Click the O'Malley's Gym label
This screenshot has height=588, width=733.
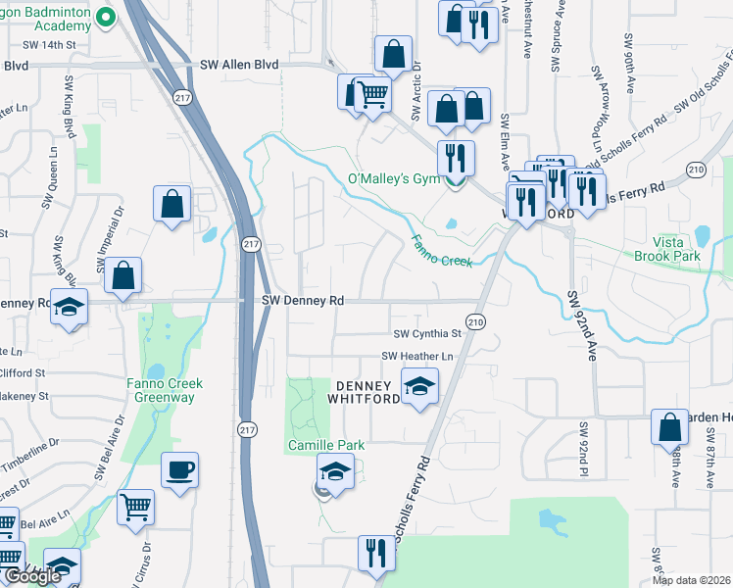(395, 179)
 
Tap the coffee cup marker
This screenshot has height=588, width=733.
(179, 470)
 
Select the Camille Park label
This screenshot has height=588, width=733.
(325, 445)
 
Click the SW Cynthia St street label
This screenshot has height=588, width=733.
(426, 334)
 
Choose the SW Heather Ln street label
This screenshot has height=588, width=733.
(418, 356)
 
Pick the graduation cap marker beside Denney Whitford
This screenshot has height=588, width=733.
(420, 385)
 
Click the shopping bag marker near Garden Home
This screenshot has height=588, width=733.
(670, 427)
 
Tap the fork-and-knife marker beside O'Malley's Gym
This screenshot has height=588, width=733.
(456, 157)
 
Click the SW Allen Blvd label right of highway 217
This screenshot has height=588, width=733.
(239, 64)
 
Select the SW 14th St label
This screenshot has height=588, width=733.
(48, 45)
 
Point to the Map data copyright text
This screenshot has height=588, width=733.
(691, 580)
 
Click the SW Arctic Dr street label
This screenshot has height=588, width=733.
(416, 94)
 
